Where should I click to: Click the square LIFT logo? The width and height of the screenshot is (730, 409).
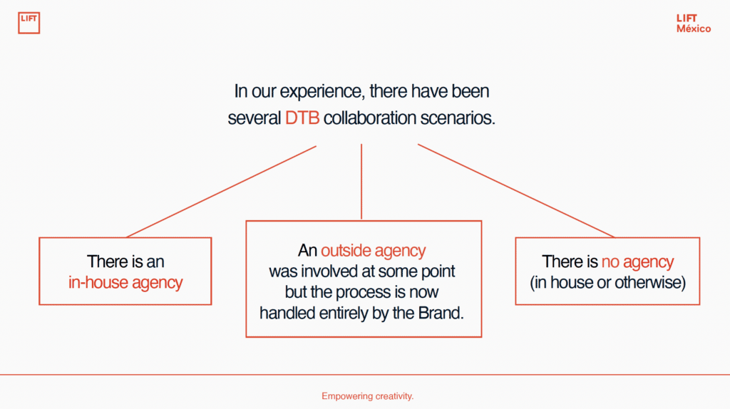click(29, 23)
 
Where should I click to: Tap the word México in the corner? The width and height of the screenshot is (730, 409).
click(694, 29)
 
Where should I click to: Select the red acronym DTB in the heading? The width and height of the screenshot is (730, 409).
click(302, 118)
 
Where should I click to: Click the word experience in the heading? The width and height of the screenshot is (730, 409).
click(320, 92)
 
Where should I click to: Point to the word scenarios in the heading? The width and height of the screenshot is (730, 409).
click(458, 118)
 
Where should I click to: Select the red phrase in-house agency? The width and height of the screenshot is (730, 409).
click(125, 282)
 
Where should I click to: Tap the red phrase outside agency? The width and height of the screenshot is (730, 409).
click(373, 251)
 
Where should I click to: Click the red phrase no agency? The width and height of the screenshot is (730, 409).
click(637, 262)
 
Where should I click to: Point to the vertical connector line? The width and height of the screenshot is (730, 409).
click(361, 182)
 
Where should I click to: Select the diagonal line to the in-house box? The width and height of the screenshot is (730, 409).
click(221, 192)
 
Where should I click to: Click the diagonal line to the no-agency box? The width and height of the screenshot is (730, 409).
click(516, 191)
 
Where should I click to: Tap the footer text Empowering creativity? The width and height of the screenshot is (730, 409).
click(367, 396)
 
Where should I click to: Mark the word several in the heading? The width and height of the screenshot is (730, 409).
click(255, 118)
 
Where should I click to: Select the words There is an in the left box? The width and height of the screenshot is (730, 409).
click(125, 262)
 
